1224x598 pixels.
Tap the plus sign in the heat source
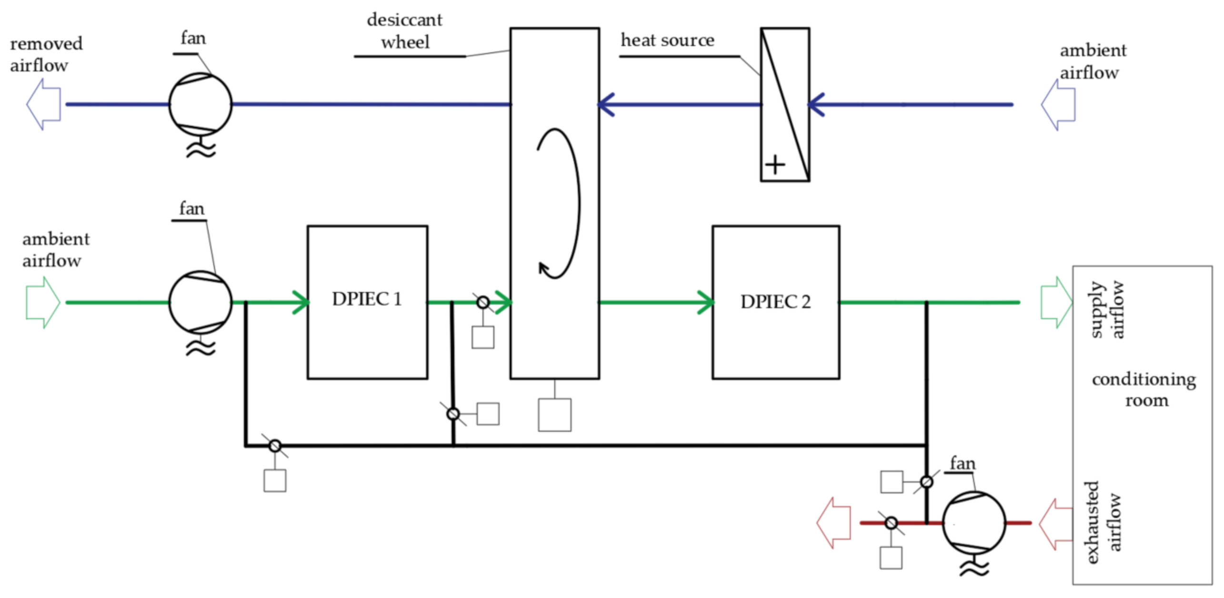click(x=775, y=165)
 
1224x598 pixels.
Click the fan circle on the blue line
click(x=200, y=104)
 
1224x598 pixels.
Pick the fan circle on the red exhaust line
click(x=973, y=523)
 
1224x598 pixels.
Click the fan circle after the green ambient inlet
click(x=200, y=302)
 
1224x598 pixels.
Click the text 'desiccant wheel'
click(x=405, y=31)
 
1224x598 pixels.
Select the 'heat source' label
click(x=667, y=41)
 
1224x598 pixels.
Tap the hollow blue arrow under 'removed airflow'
click(x=44, y=104)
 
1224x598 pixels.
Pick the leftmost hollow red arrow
click(x=834, y=523)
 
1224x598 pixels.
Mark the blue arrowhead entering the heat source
click(x=816, y=104)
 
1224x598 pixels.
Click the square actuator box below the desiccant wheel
click(x=554, y=415)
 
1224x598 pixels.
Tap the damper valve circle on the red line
click(x=891, y=523)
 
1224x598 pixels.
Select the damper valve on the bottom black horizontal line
click(x=275, y=446)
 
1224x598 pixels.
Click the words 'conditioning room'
click(x=1144, y=390)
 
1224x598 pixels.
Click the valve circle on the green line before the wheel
click(x=482, y=302)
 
